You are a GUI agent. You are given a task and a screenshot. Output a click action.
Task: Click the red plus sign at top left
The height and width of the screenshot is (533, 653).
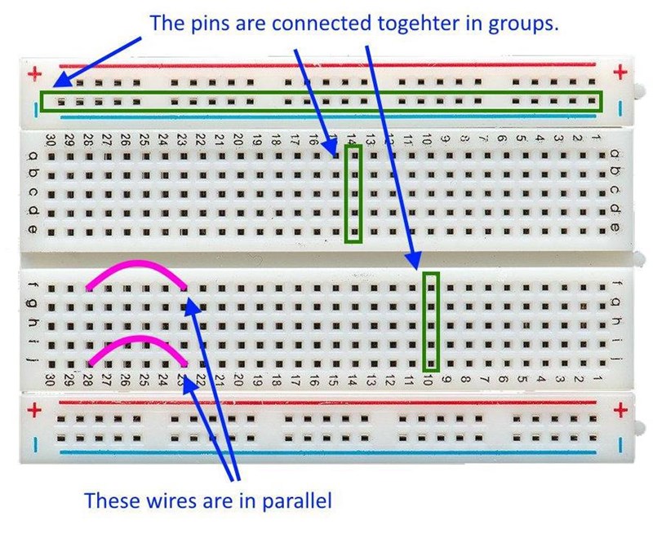tap(34, 74)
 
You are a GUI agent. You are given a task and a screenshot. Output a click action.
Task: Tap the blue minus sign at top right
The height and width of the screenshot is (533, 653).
tap(620, 106)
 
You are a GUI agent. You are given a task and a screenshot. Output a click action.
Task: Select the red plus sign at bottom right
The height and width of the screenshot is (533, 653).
tap(620, 410)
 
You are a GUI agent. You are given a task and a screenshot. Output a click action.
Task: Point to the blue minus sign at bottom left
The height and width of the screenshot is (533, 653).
tap(34, 444)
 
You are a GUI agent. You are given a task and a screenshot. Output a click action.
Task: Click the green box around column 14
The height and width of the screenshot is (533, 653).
tap(353, 193)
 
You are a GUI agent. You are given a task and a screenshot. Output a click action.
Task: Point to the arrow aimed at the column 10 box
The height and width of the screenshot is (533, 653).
tap(393, 155)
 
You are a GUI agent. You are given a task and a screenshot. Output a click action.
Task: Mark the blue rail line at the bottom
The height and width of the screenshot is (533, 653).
tap(326, 452)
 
